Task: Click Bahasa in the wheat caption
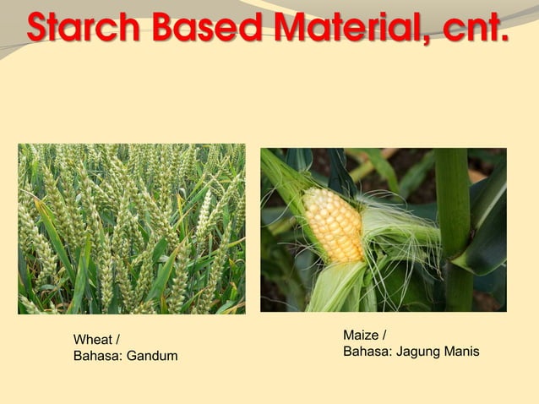point(97,356)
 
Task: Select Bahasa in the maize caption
point(366,350)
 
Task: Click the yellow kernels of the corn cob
point(333,223)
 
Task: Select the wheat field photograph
point(132,229)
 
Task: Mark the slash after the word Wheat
point(117,340)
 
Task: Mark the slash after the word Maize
point(385,335)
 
